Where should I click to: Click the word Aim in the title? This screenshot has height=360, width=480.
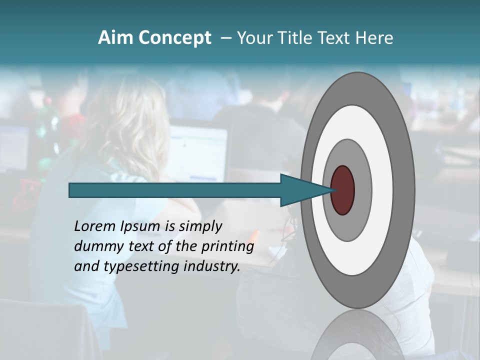(x=116, y=38)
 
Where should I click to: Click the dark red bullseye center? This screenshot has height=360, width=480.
(x=343, y=190)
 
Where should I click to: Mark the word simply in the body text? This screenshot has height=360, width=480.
(x=200, y=227)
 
